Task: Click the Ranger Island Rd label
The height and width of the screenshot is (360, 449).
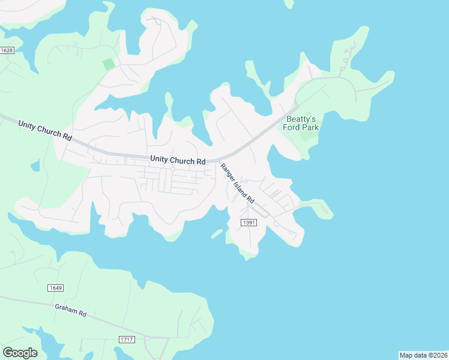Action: point(238,183)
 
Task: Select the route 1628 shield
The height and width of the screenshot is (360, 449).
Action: point(7,50)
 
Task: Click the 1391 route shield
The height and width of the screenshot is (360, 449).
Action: point(249,223)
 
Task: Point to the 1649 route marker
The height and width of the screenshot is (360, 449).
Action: point(55,288)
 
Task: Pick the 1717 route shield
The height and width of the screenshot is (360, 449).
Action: point(127,340)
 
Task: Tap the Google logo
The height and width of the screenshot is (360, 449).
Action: point(20,353)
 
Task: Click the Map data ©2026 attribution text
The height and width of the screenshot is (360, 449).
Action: point(423,355)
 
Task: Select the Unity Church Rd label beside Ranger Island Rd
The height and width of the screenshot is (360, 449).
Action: point(178,160)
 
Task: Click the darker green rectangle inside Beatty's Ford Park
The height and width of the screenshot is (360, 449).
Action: point(307,134)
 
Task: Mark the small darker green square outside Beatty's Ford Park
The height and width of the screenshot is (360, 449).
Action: point(108,64)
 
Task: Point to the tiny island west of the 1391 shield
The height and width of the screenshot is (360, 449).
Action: point(217,233)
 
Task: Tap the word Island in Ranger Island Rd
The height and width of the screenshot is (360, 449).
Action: point(240,185)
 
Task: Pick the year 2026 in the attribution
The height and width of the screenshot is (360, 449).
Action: point(439,355)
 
